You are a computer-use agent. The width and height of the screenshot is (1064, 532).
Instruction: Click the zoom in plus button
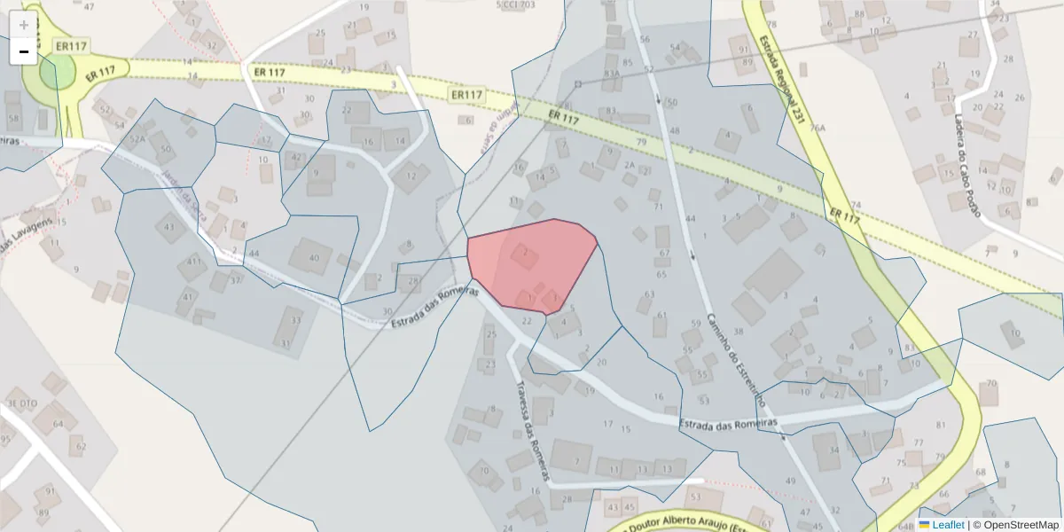click(24, 25)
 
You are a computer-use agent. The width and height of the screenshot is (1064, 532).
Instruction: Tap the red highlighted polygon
click(532, 262)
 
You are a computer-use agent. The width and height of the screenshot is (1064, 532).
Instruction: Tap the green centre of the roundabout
click(55, 71)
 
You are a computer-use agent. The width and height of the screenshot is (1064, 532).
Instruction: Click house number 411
click(193, 262)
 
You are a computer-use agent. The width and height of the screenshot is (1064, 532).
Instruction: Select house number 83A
click(611, 74)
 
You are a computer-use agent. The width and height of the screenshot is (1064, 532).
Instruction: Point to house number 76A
click(818, 128)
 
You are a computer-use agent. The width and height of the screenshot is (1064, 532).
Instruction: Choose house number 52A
click(137, 139)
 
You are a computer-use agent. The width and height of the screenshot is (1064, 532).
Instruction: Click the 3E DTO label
click(23, 403)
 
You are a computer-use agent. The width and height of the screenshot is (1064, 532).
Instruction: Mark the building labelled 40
click(313, 257)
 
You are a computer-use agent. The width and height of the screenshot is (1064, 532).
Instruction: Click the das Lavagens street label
click(27, 233)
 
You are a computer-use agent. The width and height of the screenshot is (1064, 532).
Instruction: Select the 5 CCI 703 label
click(516, 5)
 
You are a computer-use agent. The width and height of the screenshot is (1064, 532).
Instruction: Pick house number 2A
click(630, 165)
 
